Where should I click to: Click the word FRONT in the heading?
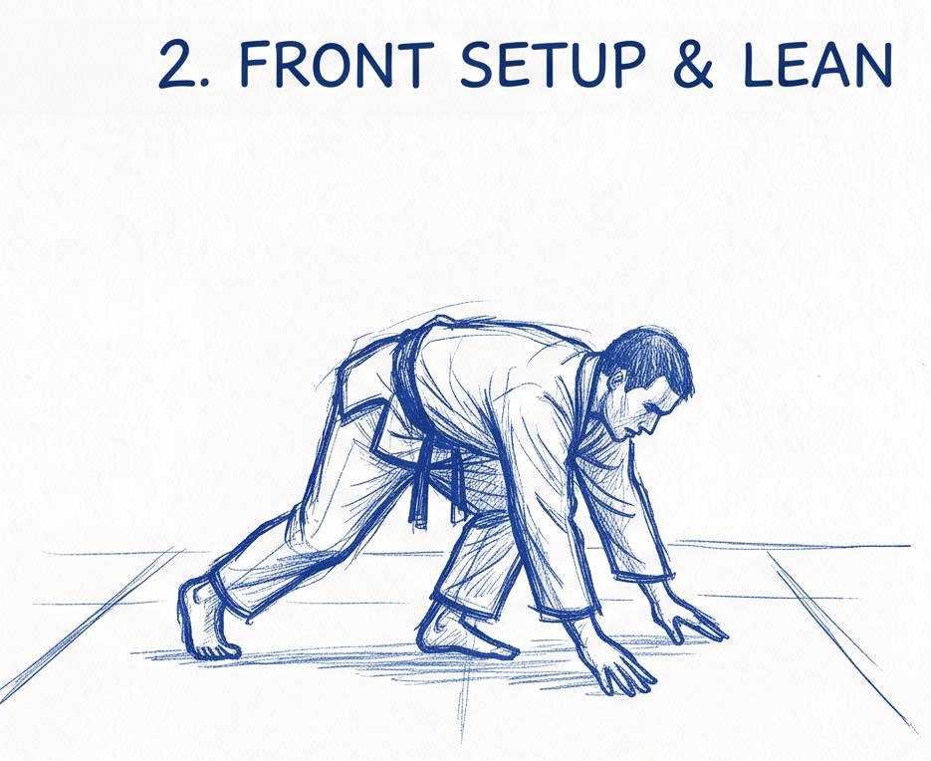point(332,64)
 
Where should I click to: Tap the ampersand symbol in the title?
point(693,64)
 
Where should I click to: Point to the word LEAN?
point(816,64)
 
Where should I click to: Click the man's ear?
point(618,380)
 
